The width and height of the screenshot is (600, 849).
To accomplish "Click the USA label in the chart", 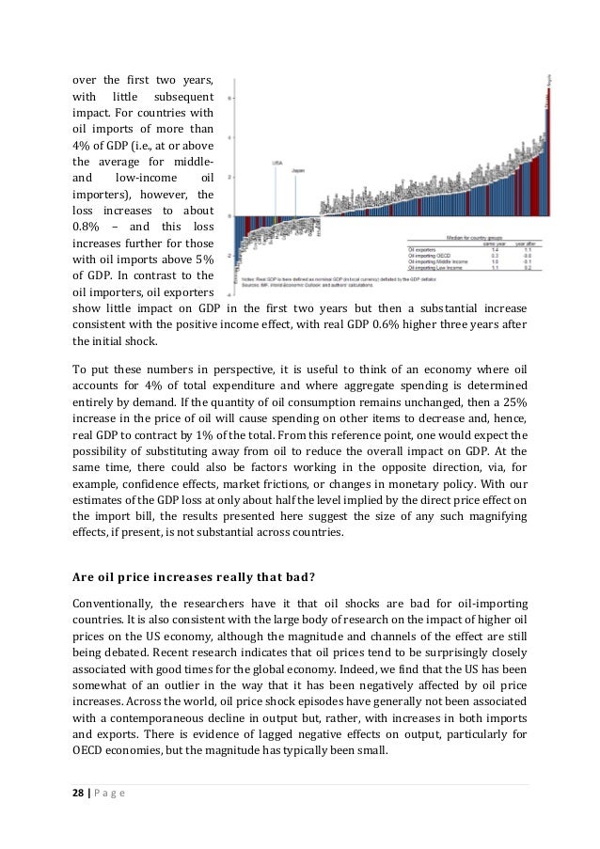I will pos(277,163).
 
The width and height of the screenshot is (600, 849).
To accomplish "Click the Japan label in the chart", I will pos(297,170).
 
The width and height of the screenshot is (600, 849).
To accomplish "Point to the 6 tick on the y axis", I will pos(232,97).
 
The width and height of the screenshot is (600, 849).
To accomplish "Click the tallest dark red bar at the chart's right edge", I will pos(548,141).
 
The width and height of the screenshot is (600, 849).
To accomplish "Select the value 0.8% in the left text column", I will pos(87,227).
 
